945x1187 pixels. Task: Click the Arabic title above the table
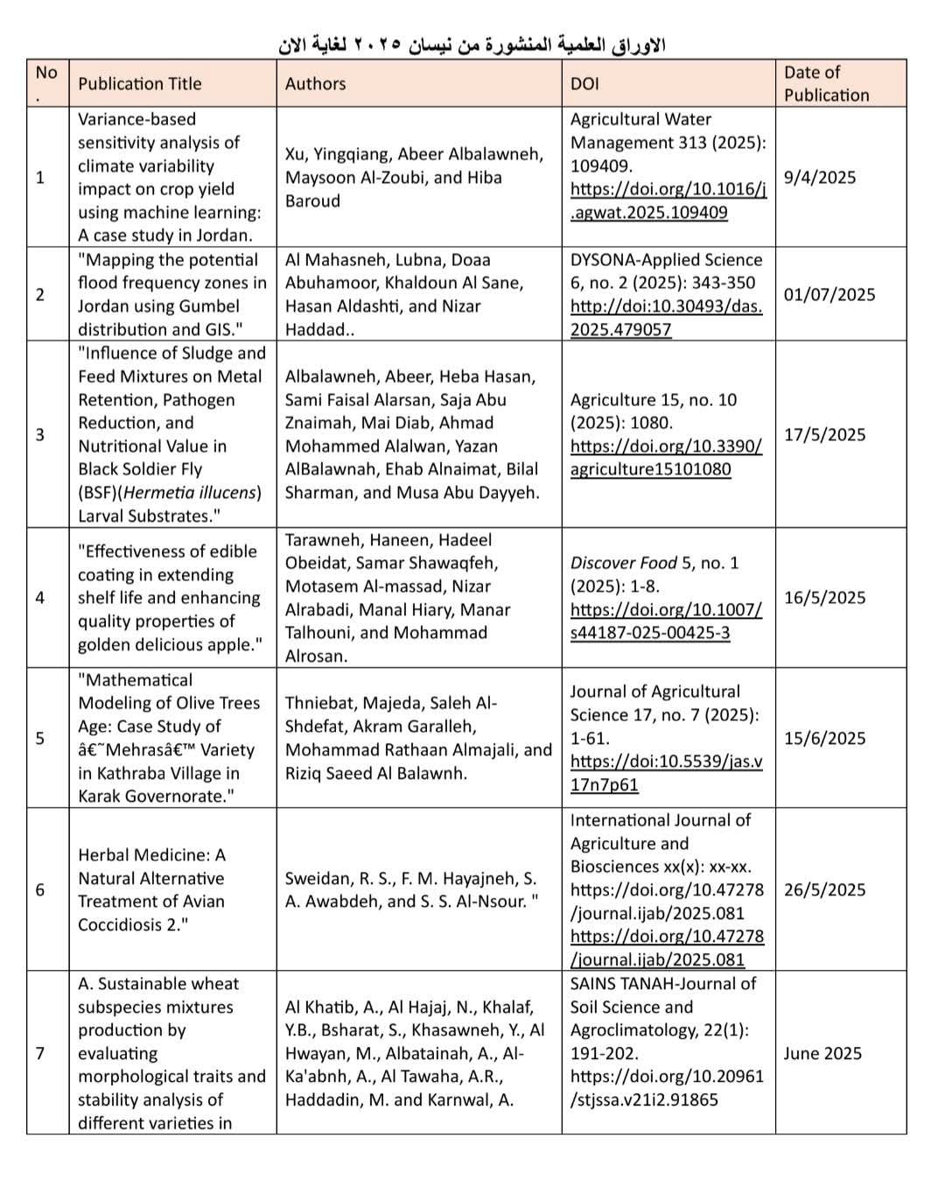(x=472, y=44)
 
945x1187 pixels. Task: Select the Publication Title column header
(x=140, y=84)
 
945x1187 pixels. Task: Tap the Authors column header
(x=315, y=84)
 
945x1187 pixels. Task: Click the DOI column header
(x=584, y=84)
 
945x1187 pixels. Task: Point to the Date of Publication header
(x=826, y=84)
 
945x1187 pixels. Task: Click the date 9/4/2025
(x=820, y=178)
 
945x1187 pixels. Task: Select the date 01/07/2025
(x=829, y=295)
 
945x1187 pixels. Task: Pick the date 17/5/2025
(x=824, y=435)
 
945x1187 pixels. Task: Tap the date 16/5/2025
(x=824, y=598)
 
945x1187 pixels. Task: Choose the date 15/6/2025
(x=824, y=738)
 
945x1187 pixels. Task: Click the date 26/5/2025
(x=824, y=890)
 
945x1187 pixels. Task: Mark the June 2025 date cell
(x=822, y=1054)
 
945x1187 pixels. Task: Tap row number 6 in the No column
(x=39, y=890)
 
